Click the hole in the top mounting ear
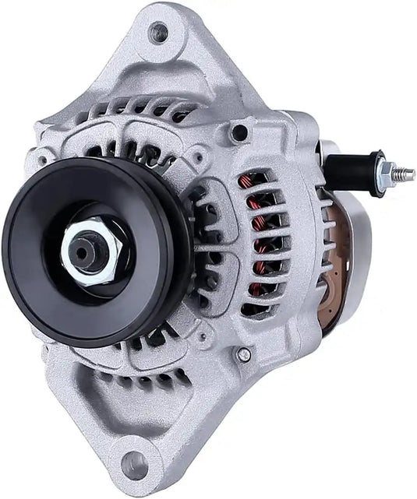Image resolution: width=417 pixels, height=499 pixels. tap(158, 33)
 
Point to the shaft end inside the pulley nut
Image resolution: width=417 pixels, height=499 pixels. tap(80, 251)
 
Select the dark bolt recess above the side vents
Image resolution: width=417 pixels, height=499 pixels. tap(239, 133)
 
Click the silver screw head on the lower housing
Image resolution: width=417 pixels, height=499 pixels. tap(244, 355)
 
